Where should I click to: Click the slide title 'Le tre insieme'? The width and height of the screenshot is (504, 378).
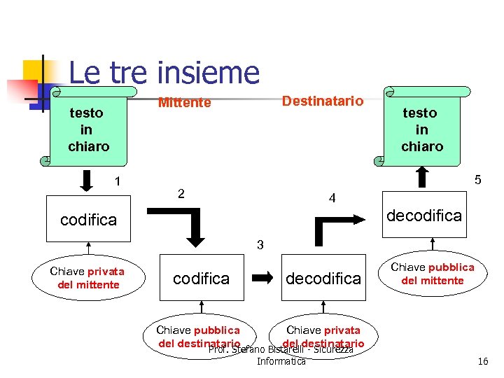164,72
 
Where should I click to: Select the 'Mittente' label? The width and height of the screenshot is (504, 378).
184,103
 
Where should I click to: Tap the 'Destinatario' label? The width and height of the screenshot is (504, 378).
322,101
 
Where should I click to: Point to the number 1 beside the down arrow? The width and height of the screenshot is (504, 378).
118,182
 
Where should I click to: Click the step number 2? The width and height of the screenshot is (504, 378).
181,193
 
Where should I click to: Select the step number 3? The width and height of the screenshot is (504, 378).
260,245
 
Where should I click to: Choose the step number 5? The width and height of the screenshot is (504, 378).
477,180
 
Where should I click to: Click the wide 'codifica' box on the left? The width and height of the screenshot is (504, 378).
88,220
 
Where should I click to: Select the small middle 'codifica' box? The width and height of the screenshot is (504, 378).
201,278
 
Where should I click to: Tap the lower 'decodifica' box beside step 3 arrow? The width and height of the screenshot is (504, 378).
323,278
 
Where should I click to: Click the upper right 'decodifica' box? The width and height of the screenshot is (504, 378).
425,215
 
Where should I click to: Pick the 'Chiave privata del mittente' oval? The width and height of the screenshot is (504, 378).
88,278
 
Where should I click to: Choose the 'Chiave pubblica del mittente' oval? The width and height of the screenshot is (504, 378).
432,274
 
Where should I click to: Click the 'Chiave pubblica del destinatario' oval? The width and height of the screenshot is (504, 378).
198,336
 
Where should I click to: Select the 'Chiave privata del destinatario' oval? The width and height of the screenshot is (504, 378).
323,336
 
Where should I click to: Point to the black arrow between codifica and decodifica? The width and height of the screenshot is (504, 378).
262,278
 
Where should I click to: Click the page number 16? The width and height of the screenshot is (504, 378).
482,361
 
